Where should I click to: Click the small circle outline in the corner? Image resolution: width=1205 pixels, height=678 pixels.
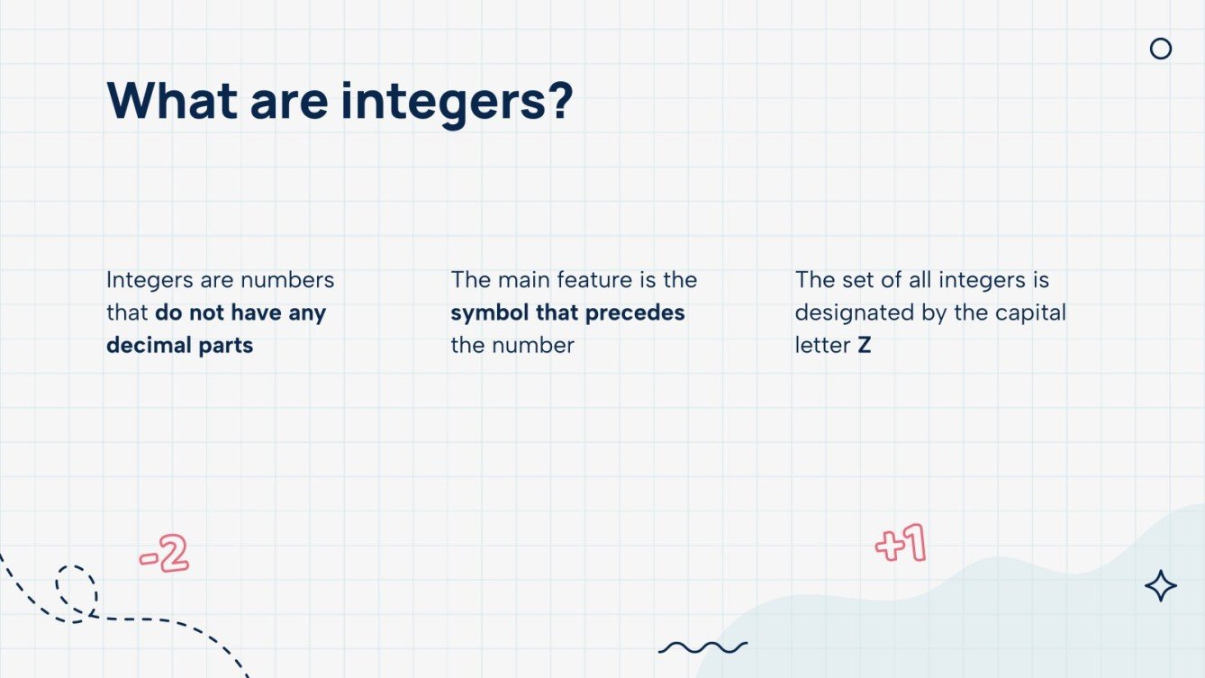(x=1161, y=49)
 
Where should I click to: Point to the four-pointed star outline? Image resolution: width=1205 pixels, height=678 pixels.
(x=1161, y=586)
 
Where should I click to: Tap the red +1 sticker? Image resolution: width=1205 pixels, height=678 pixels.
(x=901, y=545)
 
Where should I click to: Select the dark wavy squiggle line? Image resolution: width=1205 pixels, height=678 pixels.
(x=702, y=646)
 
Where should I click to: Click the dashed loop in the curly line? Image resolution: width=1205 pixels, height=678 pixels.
(x=76, y=591)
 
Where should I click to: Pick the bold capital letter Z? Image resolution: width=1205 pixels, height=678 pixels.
(x=865, y=345)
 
